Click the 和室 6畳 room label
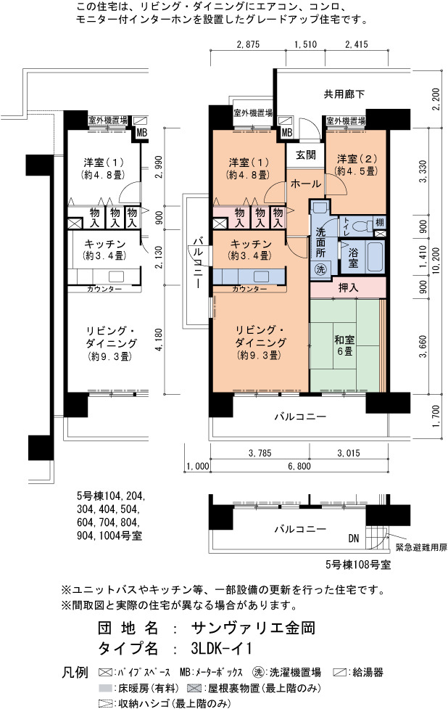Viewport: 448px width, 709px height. [x=344, y=345]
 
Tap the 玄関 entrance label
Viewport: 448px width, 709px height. [x=305, y=155]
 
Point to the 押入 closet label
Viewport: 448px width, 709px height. [x=348, y=287]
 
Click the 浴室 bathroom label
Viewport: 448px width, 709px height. [x=353, y=258]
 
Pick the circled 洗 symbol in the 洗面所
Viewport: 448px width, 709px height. [x=320, y=269]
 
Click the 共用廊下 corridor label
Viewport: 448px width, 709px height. [x=344, y=94]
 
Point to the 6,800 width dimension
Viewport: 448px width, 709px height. [x=299, y=466]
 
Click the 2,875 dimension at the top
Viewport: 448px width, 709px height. [x=248, y=44]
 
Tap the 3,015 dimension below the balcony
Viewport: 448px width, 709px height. [x=349, y=453]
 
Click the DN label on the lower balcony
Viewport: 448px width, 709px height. [x=354, y=538]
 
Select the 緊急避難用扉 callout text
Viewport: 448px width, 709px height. [x=421, y=548]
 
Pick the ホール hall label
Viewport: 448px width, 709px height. [x=306, y=184]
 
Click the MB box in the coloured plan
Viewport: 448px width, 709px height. [x=287, y=133]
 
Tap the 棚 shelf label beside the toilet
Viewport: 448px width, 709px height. [x=380, y=223]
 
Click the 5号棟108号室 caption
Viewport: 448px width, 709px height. [x=358, y=565]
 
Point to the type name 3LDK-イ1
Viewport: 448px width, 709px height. [x=221, y=649]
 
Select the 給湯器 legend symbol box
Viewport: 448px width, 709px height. [x=340, y=673]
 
